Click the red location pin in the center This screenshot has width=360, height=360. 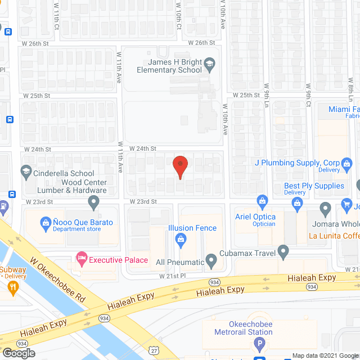pyautogui.click(x=180, y=165)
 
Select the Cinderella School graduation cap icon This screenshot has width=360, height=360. pyautogui.click(x=25, y=172)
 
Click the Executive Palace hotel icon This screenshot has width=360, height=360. pyautogui.click(x=82, y=259)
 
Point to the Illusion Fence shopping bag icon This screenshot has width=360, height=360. pyautogui.click(x=181, y=242)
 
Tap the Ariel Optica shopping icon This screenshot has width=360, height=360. pyautogui.click(x=262, y=201)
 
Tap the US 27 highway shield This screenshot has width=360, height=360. pyautogui.click(x=153, y=350)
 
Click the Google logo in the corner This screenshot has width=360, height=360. pyautogui.click(x=18, y=353)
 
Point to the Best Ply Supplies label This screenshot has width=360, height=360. pyautogui.click(x=314, y=186)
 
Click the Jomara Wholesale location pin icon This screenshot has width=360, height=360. pyautogui.click(x=325, y=209)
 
